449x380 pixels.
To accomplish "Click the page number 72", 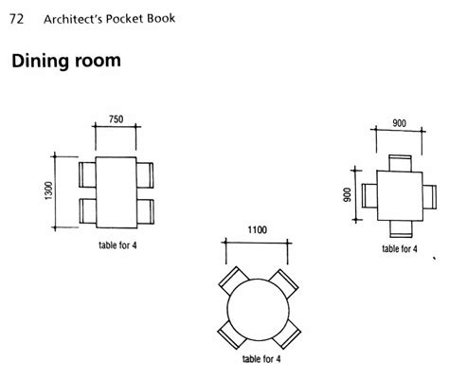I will (16, 17).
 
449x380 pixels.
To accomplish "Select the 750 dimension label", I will (117, 121).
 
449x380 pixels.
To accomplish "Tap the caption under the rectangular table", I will (117, 245).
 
